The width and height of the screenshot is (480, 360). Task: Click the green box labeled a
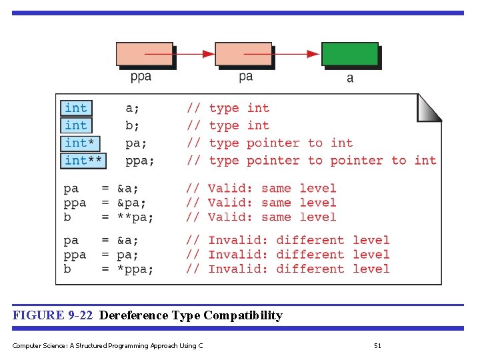(350, 55)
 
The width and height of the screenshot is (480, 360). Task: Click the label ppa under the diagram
(141, 77)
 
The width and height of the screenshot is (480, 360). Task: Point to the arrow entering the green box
(297, 54)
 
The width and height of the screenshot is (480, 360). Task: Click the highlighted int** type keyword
(83, 160)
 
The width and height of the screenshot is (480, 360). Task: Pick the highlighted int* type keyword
(79, 143)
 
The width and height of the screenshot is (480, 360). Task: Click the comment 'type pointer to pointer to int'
(323, 160)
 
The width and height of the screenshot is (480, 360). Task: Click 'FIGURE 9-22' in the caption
(53, 315)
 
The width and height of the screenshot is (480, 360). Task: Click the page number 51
(377, 345)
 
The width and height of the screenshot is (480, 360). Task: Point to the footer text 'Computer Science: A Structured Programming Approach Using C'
(107, 345)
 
